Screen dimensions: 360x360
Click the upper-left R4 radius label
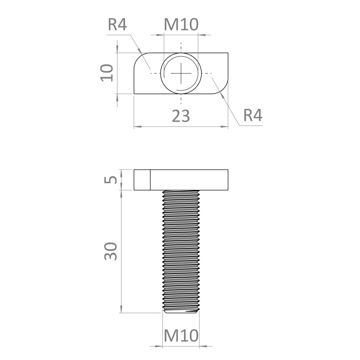(x=117, y=25)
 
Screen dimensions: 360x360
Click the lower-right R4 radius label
(x=253, y=115)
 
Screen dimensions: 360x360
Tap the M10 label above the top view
(x=181, y=25)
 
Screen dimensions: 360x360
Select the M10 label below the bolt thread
(x=181, y=335)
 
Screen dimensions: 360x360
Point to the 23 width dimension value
(x=181, y=116)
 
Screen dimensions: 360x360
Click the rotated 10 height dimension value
(x=107, y=73)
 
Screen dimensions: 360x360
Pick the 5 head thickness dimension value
(x=111, y=180)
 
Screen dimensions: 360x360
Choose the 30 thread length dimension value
(x=111, y=251)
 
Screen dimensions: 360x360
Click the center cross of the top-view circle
(x=181, y=73)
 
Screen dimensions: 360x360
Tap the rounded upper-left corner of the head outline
(x=139, y=58)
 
